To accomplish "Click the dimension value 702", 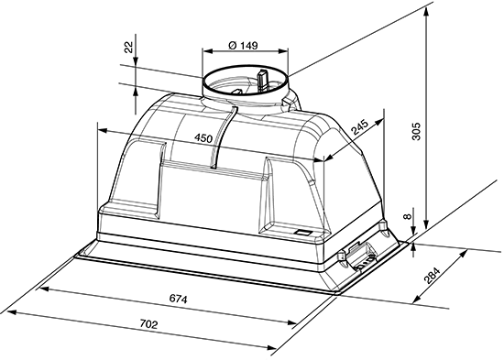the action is tap(148, 324).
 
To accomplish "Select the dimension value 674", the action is tap(178, 300).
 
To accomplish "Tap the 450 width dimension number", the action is tap(203, 138).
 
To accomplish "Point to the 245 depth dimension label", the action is tap(359, 126).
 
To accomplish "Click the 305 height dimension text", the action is tap(416, 131).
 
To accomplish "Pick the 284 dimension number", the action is tap(432, 275).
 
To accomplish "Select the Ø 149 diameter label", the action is tap(243, 45).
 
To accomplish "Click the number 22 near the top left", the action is tap(128, 48).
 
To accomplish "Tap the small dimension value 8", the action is tap(408, 216).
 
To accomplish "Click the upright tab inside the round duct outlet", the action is tap(262, 80).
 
